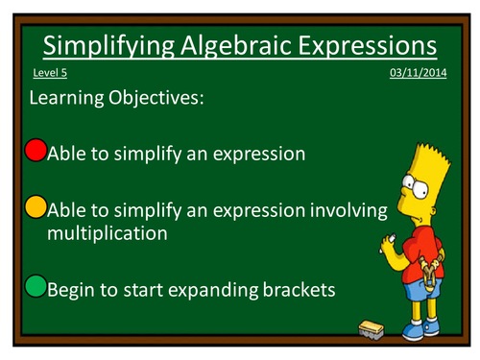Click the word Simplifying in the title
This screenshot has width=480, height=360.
107,45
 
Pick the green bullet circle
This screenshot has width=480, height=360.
35,286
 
